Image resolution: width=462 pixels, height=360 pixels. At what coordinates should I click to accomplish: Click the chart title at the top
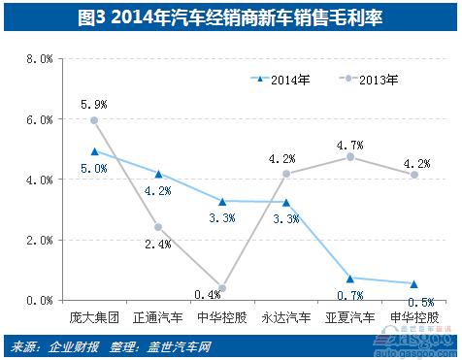point(231,16)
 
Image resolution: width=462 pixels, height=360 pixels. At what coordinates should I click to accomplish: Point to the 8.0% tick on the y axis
point(37,59)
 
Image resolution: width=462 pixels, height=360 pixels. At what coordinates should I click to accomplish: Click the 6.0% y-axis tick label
point(37,119)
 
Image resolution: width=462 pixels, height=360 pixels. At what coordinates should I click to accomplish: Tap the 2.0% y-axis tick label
point(37,240)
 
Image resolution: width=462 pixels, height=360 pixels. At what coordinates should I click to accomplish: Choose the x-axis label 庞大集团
point(93,317)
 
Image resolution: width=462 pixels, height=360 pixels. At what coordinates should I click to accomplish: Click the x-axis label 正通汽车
point(157,317)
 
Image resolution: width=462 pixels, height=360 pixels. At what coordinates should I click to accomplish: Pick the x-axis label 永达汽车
point(285,317)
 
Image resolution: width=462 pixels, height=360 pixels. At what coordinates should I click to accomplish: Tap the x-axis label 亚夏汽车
point(349,317)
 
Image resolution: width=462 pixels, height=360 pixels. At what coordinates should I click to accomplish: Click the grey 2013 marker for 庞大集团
point(93,120)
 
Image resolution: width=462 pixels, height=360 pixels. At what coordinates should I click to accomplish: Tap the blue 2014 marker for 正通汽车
point(157,174)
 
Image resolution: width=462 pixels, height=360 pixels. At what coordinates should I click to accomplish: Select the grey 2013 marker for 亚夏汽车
point(349,157)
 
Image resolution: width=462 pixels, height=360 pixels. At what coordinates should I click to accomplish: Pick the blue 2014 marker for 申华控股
point(413,284)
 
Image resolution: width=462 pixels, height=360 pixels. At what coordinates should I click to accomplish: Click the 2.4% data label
point(157,245)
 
